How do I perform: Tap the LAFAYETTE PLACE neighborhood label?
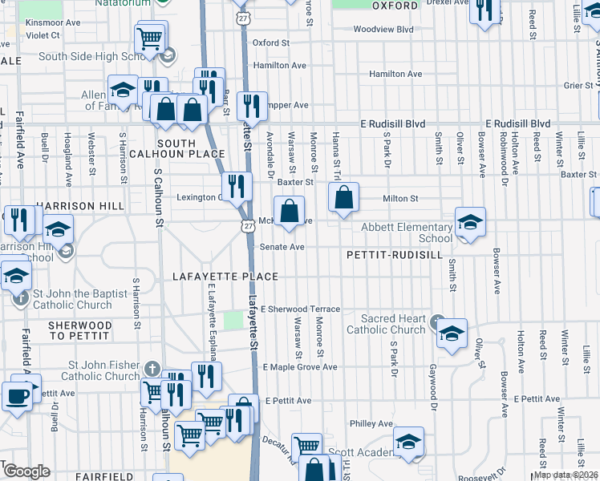pyautogui.click(x=226, y=277)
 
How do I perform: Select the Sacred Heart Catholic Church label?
pyautogui.click(x=386, y=324)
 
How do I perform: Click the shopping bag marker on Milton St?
pyautogui.click(x=343, y=198)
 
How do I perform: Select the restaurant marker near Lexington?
pyautogui.click(x=236, y=187)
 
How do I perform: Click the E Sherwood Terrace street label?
pyautogui.click(x=301, y=309)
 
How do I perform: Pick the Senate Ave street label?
pyautogui.click(x=282, y=247)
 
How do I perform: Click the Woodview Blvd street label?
pyautogui.click(x=383, y=29)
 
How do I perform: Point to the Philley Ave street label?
pyautogui.click(x=371, y=423)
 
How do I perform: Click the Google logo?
pyautogui.click(x=26, y=471)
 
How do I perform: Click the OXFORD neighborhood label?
pyautogui.click(x=395, y=6)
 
